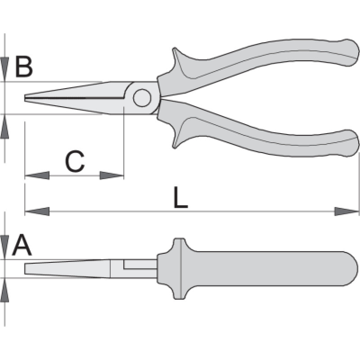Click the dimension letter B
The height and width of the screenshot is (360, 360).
coord(24,67)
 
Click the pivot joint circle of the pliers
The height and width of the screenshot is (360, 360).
coord(142,98)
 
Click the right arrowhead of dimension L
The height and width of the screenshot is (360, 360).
coord(347,211)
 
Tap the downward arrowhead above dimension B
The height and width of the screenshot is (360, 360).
coord(4,70)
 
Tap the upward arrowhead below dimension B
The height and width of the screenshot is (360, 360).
coord(4,126)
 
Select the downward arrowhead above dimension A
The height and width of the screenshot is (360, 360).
coord(4,247)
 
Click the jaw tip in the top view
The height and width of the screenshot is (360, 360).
coord(26,98)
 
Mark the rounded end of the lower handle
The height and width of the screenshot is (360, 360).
coord(351,144)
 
